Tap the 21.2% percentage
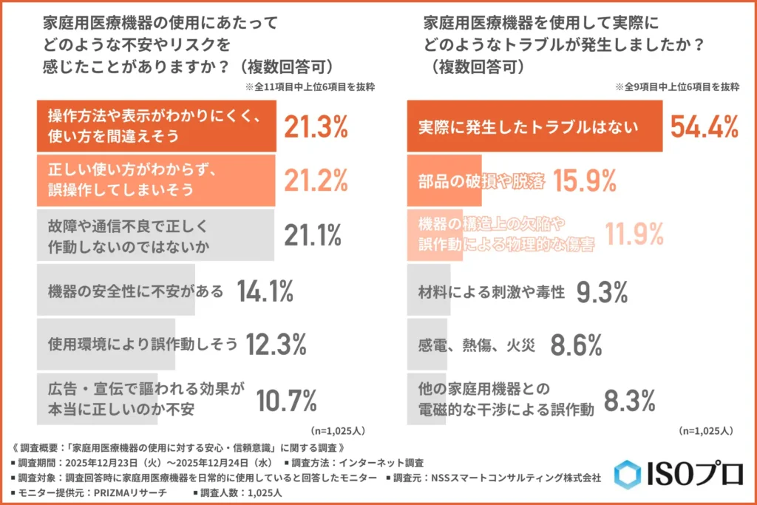click(316, 180)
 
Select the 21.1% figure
click(313, 235)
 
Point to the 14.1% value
click(265, 291)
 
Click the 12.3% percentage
click(276, 345)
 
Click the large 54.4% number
click(704, 126)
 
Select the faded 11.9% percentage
click(634, 235)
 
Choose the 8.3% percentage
click(629, 400)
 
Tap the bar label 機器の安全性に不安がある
click(135, 291)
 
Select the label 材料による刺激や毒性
click(492, 292)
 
